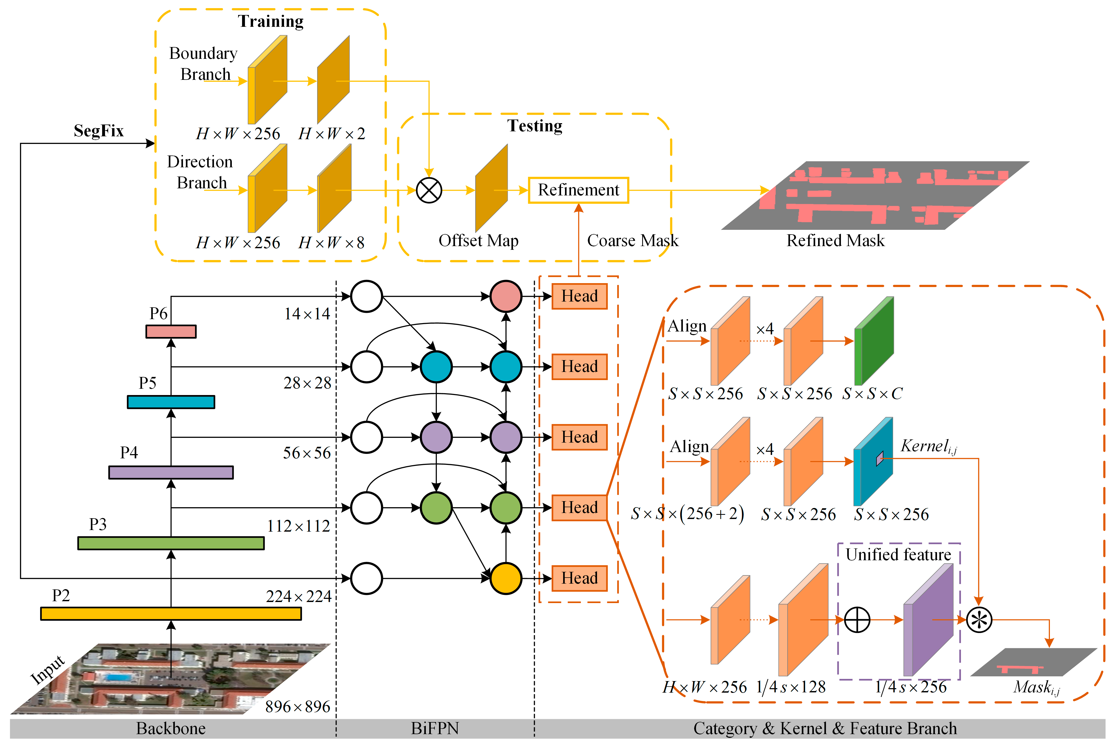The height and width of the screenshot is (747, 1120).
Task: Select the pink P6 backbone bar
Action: (x=171, y=331)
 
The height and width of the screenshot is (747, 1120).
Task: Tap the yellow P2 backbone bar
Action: (x=171, y=614)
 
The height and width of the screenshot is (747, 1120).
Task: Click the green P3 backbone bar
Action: (x=171, y=543)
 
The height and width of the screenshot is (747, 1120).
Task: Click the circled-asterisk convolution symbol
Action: (x=979, y=620)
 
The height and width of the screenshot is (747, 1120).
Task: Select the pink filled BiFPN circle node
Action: (x=506, y=296)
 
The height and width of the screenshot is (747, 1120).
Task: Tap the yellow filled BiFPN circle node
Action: (x=506, y=578)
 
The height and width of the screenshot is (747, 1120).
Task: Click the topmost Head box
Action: (x=579, y=296)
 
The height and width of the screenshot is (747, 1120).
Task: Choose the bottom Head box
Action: (x=579, y=578)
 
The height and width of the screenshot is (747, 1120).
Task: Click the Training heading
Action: (x=270, y=22)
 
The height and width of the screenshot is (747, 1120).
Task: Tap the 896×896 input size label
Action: (x=298, y=707)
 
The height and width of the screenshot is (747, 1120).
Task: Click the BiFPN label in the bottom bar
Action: (x=435, y=728)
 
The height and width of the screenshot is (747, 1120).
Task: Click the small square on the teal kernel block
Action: (x=880, y=458)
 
